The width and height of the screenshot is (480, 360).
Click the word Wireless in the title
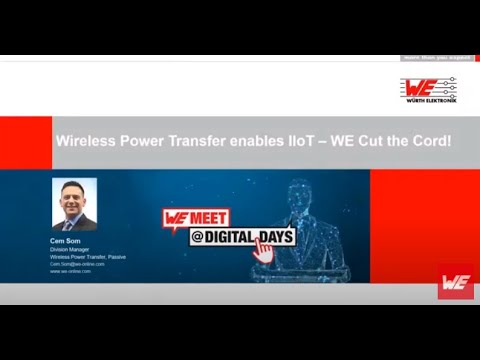86,142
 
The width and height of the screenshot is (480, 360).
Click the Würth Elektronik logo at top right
428,90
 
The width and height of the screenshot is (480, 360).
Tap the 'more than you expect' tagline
436,58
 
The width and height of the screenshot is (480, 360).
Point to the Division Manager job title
69,250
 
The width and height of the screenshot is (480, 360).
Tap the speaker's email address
77,264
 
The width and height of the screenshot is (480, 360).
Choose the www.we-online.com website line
70,271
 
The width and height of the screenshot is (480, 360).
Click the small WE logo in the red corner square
455,282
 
